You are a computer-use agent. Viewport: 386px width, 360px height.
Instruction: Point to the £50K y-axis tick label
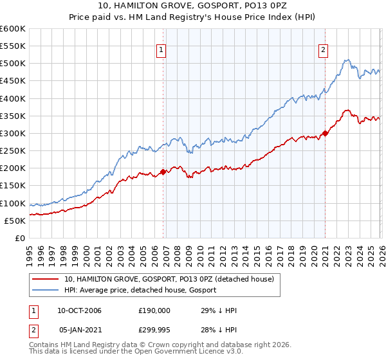[15, 221]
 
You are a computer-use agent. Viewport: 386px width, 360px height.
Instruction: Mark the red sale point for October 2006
[163, 172]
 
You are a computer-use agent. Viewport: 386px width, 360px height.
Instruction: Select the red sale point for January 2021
[325, 134]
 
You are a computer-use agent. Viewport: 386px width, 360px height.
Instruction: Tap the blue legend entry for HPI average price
[140, 290]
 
